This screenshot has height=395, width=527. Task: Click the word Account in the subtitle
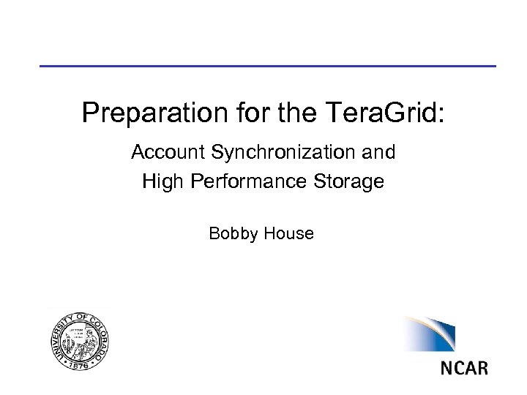pos(168,153)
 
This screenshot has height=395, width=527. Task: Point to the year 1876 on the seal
pos(81,363)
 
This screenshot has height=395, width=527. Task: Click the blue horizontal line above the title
pos(267,67)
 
